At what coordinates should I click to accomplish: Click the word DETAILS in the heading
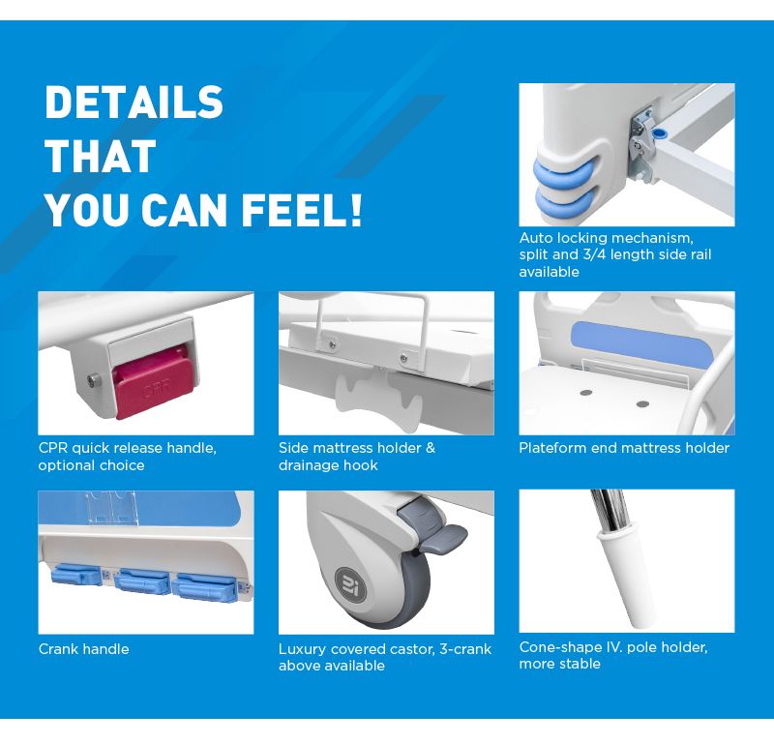click(x=134, y=102)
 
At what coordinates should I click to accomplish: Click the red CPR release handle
click(x=154, y=381)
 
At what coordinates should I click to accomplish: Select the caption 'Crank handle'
click(x=84, y=649)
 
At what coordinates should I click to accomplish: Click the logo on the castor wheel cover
click(x=350, y=585)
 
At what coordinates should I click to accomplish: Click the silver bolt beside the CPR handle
click(x=92, y=380)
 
